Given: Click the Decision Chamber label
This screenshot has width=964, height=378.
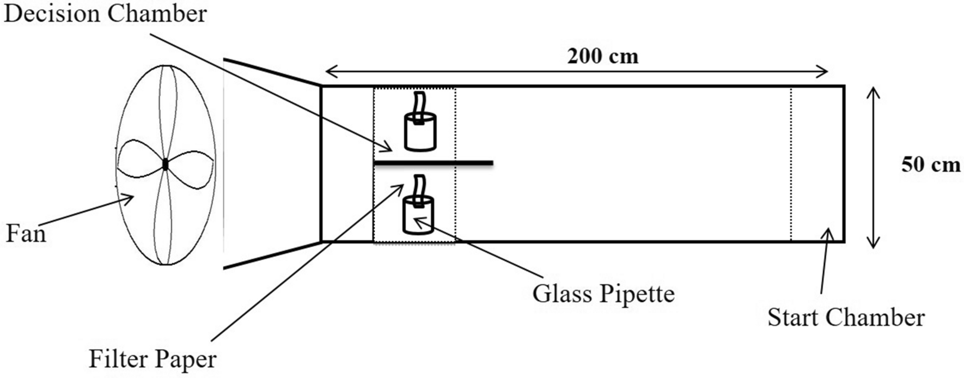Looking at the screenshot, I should [105, 14].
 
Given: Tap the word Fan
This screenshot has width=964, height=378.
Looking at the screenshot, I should [26, 234].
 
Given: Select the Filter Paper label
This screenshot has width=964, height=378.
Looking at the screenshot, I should [152, 359].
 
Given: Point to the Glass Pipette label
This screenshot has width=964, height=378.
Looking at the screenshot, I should [603, 294].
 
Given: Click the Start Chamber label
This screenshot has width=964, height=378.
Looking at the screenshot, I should [846, 318].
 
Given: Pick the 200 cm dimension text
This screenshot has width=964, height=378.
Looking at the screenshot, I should [602, 56].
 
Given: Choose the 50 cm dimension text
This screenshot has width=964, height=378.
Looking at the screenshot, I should [930, 164].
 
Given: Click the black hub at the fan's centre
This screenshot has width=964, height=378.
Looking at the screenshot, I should [165, 164].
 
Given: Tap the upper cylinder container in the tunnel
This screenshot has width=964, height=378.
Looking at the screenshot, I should [420, 132].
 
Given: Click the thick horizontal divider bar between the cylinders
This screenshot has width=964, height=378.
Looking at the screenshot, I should [433, 163].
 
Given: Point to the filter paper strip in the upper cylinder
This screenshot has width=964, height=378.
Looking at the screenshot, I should [419, 105].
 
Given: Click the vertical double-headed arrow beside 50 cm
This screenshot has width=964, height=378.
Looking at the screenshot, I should [873, 168].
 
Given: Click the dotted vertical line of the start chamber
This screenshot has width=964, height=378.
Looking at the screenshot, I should [791, 163].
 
